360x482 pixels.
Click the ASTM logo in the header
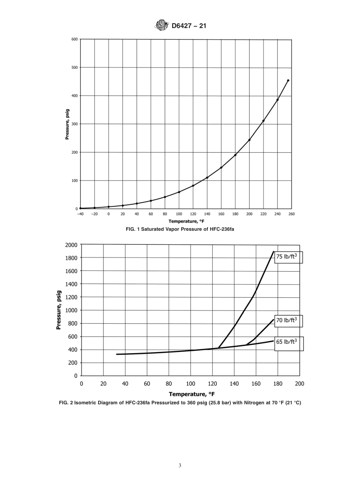pos(161,25)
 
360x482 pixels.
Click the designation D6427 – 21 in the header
pos(189,26)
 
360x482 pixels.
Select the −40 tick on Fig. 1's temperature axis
pos(80,214)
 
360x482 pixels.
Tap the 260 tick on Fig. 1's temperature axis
pos(291,214)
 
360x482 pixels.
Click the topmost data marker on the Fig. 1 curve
pos(288,80)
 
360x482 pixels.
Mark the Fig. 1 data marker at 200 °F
pos(249,140)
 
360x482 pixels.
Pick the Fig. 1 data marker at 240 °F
pos(277,100)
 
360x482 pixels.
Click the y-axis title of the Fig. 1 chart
pos(67,124)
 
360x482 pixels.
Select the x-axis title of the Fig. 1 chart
pos(186,222)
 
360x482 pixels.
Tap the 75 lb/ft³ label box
pos(288,257)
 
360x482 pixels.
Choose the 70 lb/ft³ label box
pos(288,320)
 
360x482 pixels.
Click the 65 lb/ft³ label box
pos(288,342)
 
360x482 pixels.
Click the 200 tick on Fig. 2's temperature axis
pos(299,383)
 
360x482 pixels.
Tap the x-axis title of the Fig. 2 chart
pos(192,394)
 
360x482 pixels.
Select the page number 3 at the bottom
pos(180,466)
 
